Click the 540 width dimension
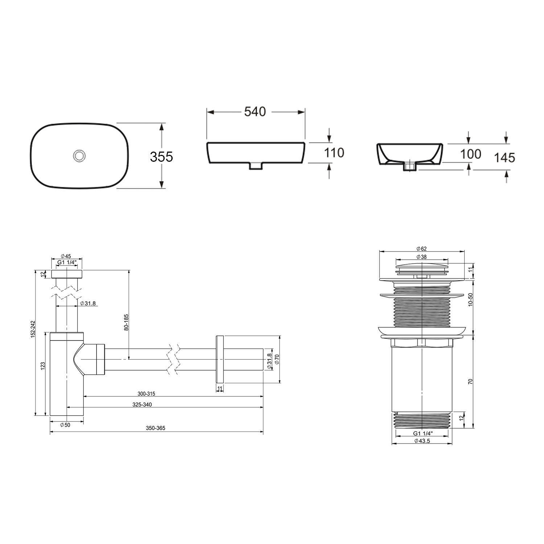click(x=255, y=112)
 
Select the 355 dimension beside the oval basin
click(x=161, y=157)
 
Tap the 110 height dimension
click(x=334, y=153)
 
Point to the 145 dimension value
click(x=504, y=157)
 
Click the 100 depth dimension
click(x=470, y=154)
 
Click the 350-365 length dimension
click(x=156, y=428)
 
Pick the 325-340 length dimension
click(x=142, y=405)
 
